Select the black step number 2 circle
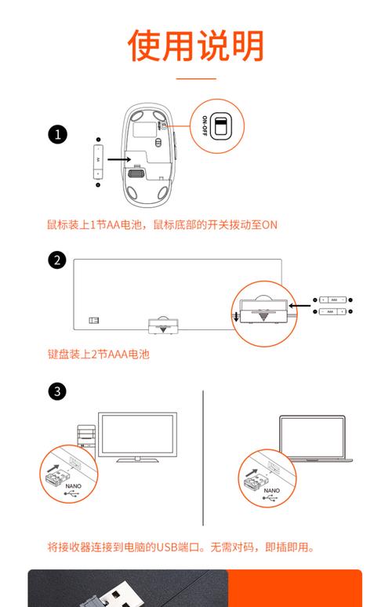pyautogui.click(x=57, y=260)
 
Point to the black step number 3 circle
pyautogui.click(x=57, y=391)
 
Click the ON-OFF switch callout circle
pyautogui.click(x=216, y=125)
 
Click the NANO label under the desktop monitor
pyautogui.click(x=73, y=486)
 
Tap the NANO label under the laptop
pyautogui.click(x=271, y=490)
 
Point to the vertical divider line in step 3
pyautogui.click(x=203, y=458)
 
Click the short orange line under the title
pyautogui.click(x=196, y=79)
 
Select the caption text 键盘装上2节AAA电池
pyautogui.click(x=98, y=354)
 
